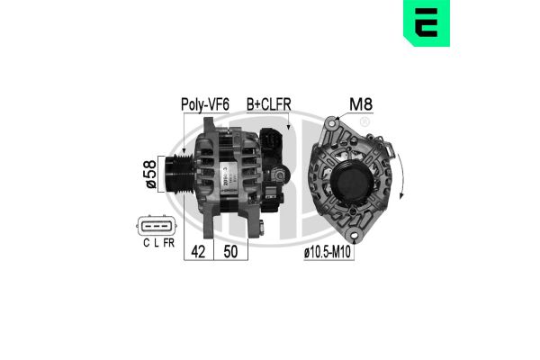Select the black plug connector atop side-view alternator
coord(272,140)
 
